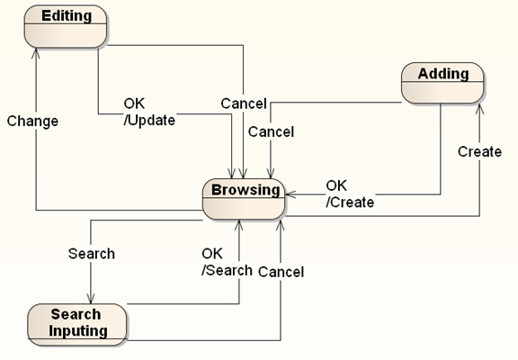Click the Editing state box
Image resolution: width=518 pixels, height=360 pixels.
[x=66, y=26]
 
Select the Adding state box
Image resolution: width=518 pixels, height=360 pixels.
[x=442, y=83]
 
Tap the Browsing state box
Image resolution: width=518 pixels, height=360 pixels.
[x=244, y=199]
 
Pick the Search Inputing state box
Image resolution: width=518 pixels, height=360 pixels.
[x=77, y=325]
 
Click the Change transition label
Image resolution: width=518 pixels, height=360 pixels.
[x=32, y=121]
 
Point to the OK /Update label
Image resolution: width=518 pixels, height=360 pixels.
[x=149, y=112]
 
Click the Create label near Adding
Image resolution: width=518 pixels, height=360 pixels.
[x=479, y=152]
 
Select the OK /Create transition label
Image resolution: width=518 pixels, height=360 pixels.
[x=350, y=194]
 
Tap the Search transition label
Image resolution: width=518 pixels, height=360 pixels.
[x=92, y=254]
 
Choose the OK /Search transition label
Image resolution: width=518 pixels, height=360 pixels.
[x=227, y=262]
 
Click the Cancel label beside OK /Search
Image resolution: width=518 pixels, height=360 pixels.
[x=281, y=272]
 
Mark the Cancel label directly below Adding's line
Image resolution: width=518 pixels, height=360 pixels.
[x=271, y=132]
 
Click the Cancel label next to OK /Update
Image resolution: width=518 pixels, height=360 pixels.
[x=244, y=103]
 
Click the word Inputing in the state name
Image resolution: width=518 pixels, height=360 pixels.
[x=78, y=331]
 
